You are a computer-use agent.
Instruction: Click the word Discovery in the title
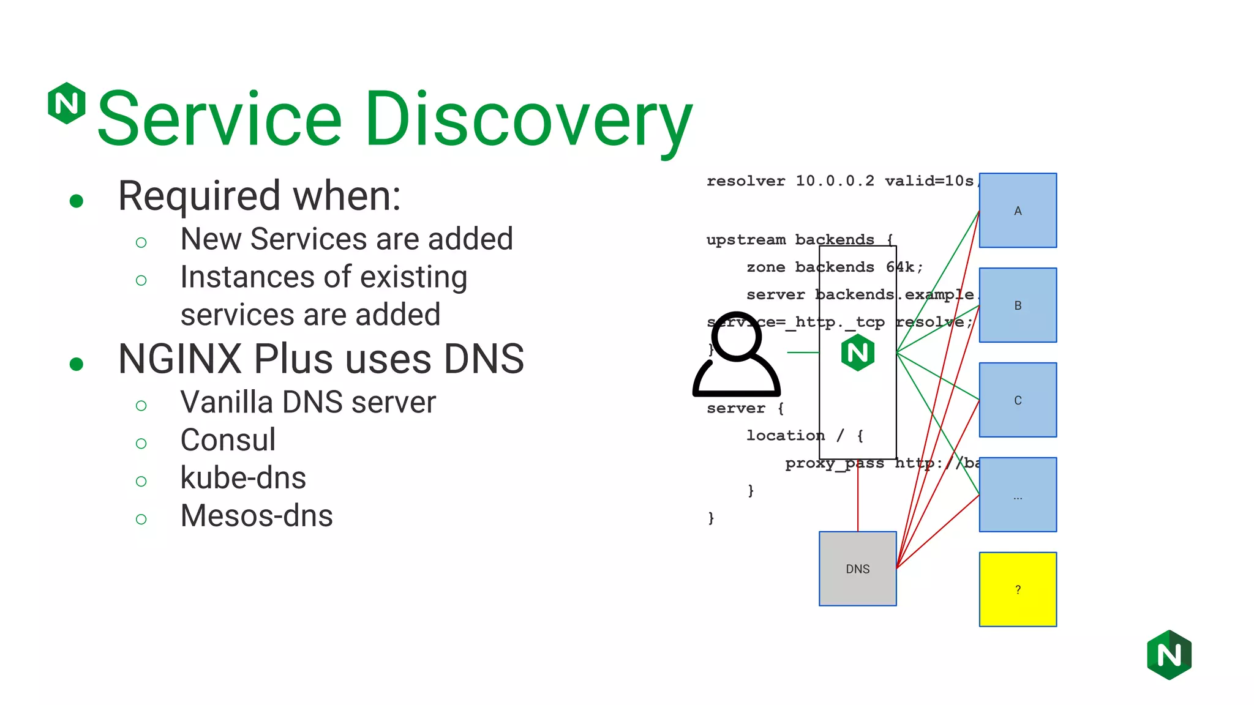click(529, 119)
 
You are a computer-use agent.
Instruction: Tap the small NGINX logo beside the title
click(67, 103)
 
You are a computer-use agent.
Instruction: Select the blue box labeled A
click(1018, 211)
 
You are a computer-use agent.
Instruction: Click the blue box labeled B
click(1018, 305)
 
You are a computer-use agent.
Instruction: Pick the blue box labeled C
click(1018, 400)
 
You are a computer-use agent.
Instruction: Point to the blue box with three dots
click(1018, 494)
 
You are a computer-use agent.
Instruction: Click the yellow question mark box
click(1018, 589)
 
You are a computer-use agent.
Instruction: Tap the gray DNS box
click(857, 569)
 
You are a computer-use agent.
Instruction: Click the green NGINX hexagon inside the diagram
click(857, 352)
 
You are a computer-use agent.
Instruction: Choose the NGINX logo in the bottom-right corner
click(1169, 655)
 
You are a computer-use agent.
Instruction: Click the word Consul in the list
click(228, 440)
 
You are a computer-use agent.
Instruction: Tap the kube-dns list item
click(243, 478)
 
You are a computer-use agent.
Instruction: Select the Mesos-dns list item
click(257, 516)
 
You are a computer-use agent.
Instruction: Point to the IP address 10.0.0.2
click(835, 181)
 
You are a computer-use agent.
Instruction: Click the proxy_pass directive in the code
click(834, 463)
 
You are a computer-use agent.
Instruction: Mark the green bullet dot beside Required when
click(77, 201)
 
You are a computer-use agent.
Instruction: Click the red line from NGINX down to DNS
click(858, 499)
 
